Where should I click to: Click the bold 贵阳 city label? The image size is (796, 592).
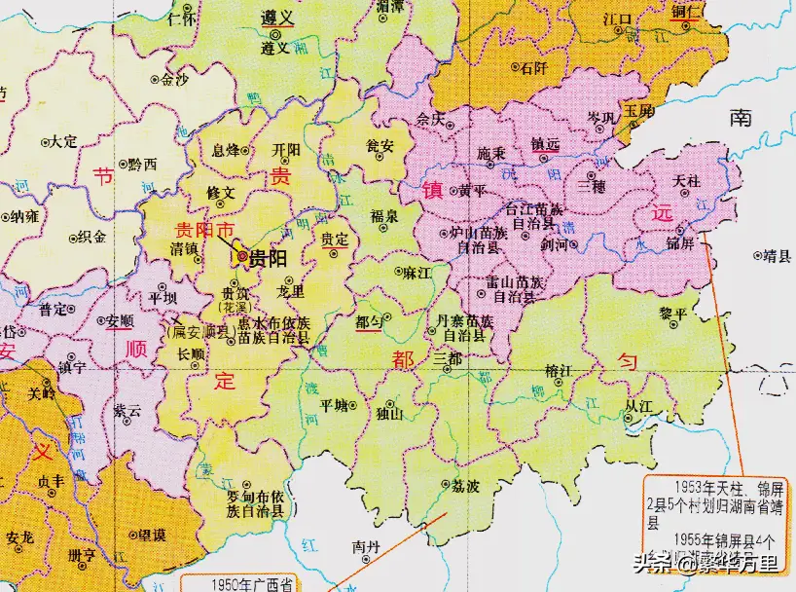(268, 258)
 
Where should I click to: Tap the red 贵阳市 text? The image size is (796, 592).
(203, 230)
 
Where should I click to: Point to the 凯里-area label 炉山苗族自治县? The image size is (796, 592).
(476, 241)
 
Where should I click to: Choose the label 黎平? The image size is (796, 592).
(672, 313)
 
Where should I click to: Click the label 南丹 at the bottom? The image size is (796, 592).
(365, 547)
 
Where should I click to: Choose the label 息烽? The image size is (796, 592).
(226, 151)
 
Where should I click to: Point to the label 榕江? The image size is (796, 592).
(558, 370)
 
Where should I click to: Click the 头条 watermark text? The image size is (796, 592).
(653, 563)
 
